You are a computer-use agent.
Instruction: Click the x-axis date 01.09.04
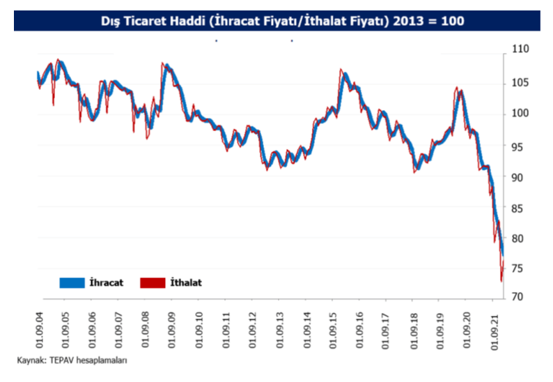tap(38, 327)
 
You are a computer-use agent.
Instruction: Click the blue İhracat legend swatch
tap(71, 282)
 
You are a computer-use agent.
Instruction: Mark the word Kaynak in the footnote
tap(29, 361)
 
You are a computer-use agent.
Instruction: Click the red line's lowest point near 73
tap(501, 280)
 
